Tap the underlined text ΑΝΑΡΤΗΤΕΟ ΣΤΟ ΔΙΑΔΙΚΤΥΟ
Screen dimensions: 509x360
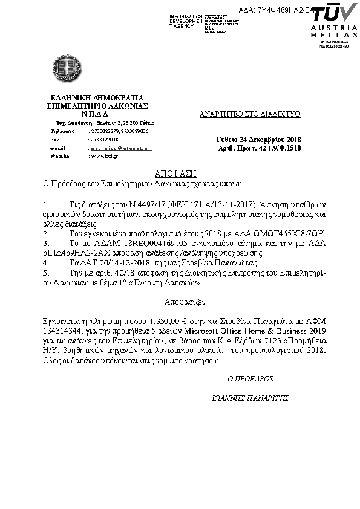tap(250, 114)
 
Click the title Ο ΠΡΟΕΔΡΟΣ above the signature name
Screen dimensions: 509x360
tap(249, 378)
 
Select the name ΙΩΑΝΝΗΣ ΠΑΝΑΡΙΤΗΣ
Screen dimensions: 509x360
tap(250, 398)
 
